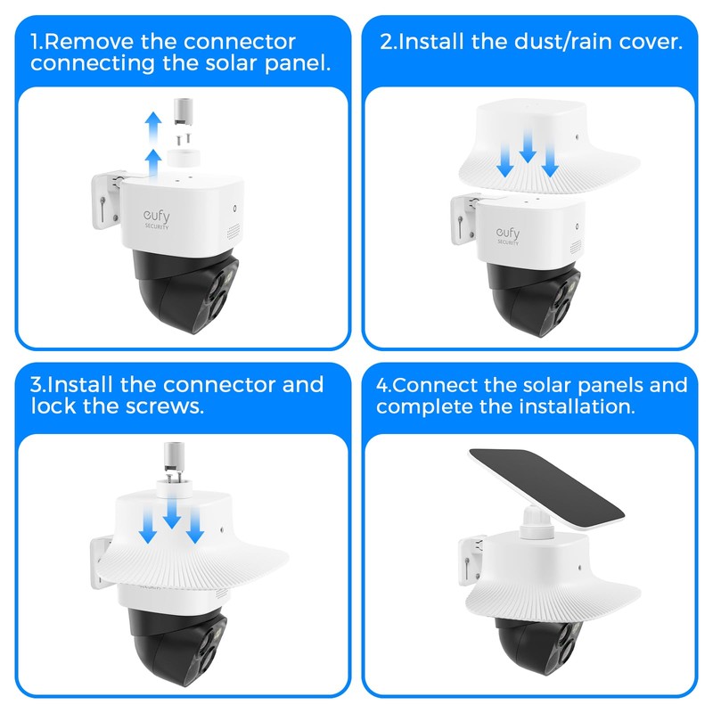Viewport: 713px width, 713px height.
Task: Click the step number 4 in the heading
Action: pyautogui.click(x=381, y=385)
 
